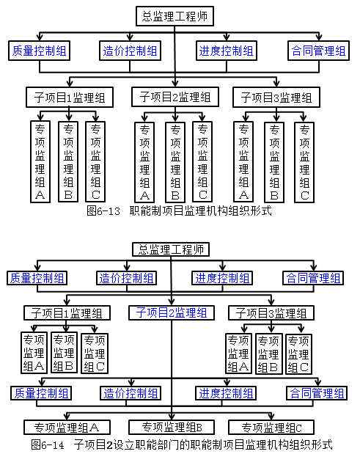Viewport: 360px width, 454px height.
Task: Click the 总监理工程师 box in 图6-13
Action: click(x=175, y=16)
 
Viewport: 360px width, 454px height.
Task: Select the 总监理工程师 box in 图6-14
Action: click(x=171, y=249)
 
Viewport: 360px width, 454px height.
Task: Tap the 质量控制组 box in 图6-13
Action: click(x=39, y=51)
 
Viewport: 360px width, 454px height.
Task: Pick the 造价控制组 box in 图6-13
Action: click(x=130, y=51)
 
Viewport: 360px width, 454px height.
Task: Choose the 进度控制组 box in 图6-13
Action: click(x=227, y=51)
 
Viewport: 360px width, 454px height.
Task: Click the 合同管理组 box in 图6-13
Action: click(x=318, y=51)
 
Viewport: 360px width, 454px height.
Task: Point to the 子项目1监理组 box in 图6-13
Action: click(x=70, y=98)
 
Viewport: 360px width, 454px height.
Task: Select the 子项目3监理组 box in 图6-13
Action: click(x=276, y=98)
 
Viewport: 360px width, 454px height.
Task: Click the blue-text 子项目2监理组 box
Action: click(x=172, y=312)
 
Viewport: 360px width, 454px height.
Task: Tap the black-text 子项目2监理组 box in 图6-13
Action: click(x=175, y=97)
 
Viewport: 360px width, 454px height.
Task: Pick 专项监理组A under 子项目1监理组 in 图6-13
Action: click(x=40, y=161)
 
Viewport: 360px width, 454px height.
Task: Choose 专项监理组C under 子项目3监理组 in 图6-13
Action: click(x=304, y=162)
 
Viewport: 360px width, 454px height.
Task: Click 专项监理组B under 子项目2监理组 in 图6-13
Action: click(x=175, y=162)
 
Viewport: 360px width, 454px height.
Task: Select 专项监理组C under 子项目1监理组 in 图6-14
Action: click(x=95, y=354)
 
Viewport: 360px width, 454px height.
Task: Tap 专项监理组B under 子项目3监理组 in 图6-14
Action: click(x=269, y=354)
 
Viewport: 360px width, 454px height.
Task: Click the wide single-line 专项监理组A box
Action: click(x=67, y=428)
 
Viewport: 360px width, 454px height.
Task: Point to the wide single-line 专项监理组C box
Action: click(x=271, y=428)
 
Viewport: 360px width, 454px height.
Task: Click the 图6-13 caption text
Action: click(x=179, y=210)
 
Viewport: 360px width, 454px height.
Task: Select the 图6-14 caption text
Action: click(x=181, y=444)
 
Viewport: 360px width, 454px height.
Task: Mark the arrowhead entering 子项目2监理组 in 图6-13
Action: click(x=175, y=84)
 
